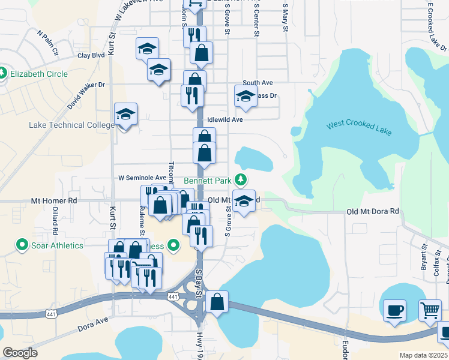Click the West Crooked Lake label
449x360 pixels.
[358, 126]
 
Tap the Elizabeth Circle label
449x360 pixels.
[38, 74]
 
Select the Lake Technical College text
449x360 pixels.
[71, 125]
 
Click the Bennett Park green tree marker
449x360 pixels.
[240, 179]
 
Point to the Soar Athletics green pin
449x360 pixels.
[22, 245]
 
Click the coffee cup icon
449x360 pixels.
[394, 310]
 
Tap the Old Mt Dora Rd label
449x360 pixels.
[373, 212]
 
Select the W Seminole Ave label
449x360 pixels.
[142, 178]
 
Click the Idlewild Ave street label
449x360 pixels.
[224, 119]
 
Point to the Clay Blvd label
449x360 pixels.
[91, 55]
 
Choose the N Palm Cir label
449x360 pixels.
[48, 43]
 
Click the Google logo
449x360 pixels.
[20, 352]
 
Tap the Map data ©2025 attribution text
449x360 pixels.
[423, 355]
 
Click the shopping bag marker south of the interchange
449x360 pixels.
[217, 301]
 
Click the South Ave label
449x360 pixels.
[258, 83]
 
